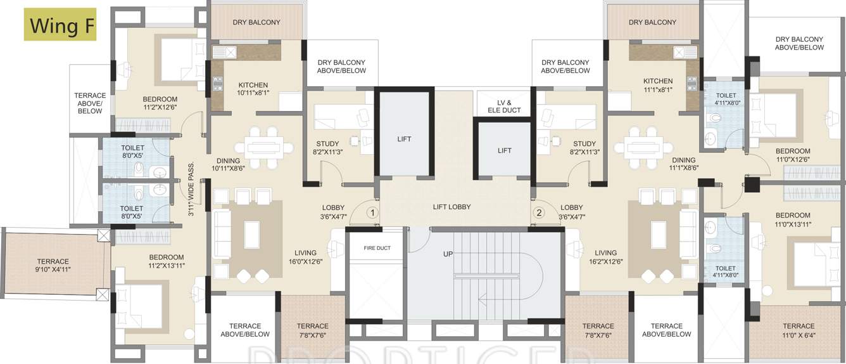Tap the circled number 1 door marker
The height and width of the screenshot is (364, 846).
373,212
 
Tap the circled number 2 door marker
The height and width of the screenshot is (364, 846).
540,212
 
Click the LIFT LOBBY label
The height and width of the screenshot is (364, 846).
451,207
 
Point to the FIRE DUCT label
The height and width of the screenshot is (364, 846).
377,248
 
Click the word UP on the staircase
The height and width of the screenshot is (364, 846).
448,254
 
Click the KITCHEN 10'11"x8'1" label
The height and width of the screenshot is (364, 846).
253,89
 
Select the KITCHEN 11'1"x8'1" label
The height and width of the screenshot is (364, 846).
658,85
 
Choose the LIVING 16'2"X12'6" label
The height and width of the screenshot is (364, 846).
606,257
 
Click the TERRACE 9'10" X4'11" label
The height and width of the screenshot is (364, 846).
53,265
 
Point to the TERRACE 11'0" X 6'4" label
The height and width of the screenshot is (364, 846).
798,330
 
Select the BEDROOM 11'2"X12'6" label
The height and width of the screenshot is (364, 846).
160,103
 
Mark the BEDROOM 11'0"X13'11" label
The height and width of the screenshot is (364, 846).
792,219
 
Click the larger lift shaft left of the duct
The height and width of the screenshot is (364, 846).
404,138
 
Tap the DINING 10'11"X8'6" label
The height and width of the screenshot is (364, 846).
227,165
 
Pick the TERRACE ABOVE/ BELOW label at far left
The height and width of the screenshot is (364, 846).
90,103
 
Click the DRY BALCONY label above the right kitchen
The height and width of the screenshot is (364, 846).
652,22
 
